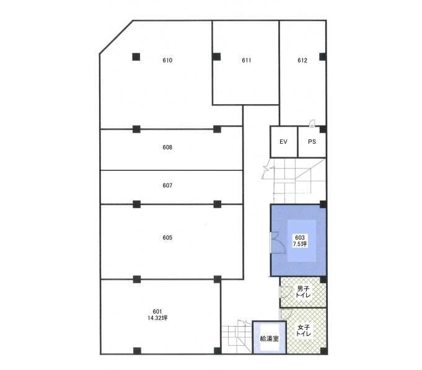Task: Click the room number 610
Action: pyautogui.click(x=167, y=60)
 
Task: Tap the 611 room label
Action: pyautogui.click(x=246, y=60)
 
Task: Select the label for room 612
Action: pyautogui.click(x=302, y=60)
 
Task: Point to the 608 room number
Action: pyautogui.click(x=167, y=147)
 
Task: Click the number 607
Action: pyautogui.click(x=167, y=185)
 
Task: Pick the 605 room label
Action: pyautogui.click(x=167, y=237)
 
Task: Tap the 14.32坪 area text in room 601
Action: pyautogui.click(x=157, y=318)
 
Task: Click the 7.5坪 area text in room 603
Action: pyautogui.click(x=300, y=244)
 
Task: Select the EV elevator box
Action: pyautogui.click(x=284, y=142)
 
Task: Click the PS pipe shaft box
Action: pyautogui.click(x=312, y=142)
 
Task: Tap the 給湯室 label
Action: pyautogui.click(x=269, y=338)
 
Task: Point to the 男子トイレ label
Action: pyautogui.click(x=303, y=292)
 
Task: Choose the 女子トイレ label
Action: pyautogui.click(x=304, y=331)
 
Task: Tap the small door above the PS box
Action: pyautogui.click(x=312, y=123)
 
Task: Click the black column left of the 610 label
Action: pyautogui.click(x=136, y=57)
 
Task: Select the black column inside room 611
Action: pyautogui.click(x=217, y=57)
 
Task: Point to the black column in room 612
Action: pyautogui.click(x=323, y=57)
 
